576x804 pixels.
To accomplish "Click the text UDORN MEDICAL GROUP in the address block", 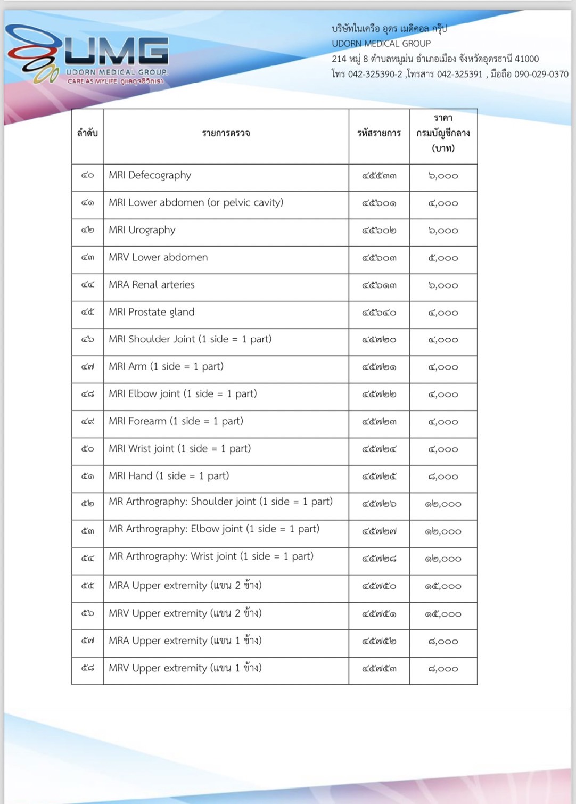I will click(381, 44).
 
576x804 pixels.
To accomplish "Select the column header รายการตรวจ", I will click(226, 133).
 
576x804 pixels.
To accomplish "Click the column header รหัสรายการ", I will click(379, 133).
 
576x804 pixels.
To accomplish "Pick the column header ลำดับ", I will click(87, 133).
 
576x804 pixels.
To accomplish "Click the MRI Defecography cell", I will click(150, 175).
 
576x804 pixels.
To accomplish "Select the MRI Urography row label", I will click(142, 230).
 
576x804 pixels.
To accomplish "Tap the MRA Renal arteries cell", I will click(152, 285).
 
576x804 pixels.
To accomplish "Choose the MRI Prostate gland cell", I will click(152, 312).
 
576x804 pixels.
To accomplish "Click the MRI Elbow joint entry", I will click(183, 394).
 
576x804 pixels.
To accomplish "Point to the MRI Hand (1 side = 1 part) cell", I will click(169, 476).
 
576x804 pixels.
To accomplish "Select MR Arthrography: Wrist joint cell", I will click(211, 556).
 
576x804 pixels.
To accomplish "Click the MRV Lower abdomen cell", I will click(158, 257).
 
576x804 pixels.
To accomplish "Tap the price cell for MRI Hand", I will click(443, 477).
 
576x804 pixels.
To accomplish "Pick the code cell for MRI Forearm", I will click(379, 422).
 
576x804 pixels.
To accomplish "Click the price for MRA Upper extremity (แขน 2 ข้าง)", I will click(443, 586).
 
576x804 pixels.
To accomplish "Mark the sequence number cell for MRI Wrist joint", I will click(87, 449).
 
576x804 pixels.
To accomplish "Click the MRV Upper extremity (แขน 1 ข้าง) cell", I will click(185, 668).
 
